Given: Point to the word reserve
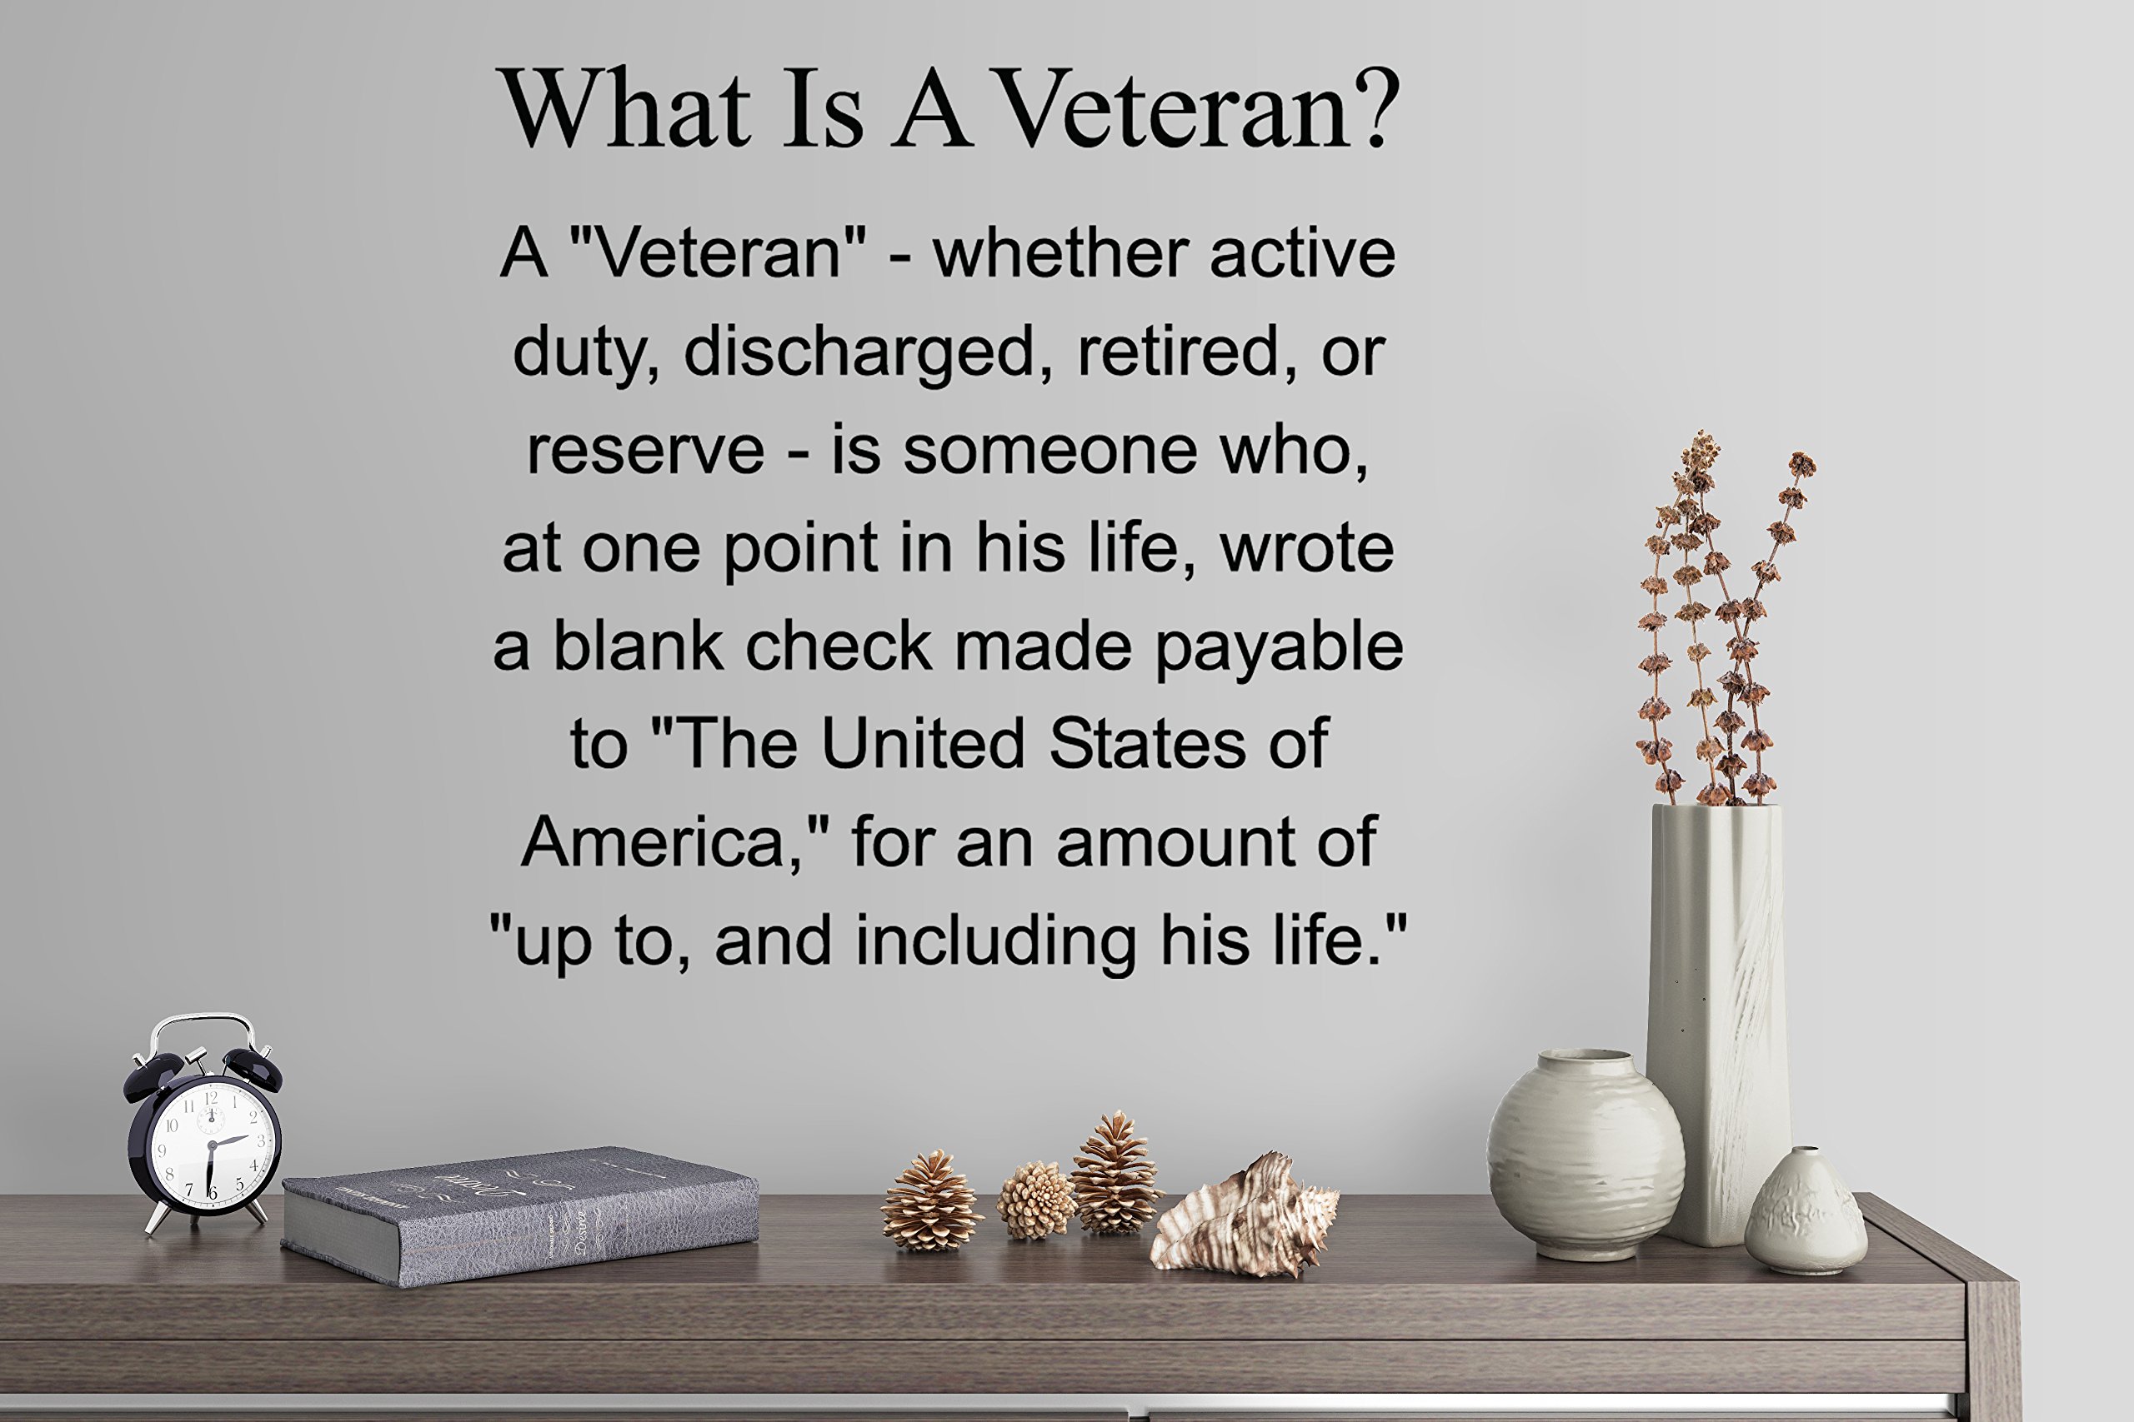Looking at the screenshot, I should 646,450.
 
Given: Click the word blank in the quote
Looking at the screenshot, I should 638,646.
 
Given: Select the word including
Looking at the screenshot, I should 995,941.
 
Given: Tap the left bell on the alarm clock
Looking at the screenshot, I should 154,1072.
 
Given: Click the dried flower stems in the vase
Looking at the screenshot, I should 1715,616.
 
